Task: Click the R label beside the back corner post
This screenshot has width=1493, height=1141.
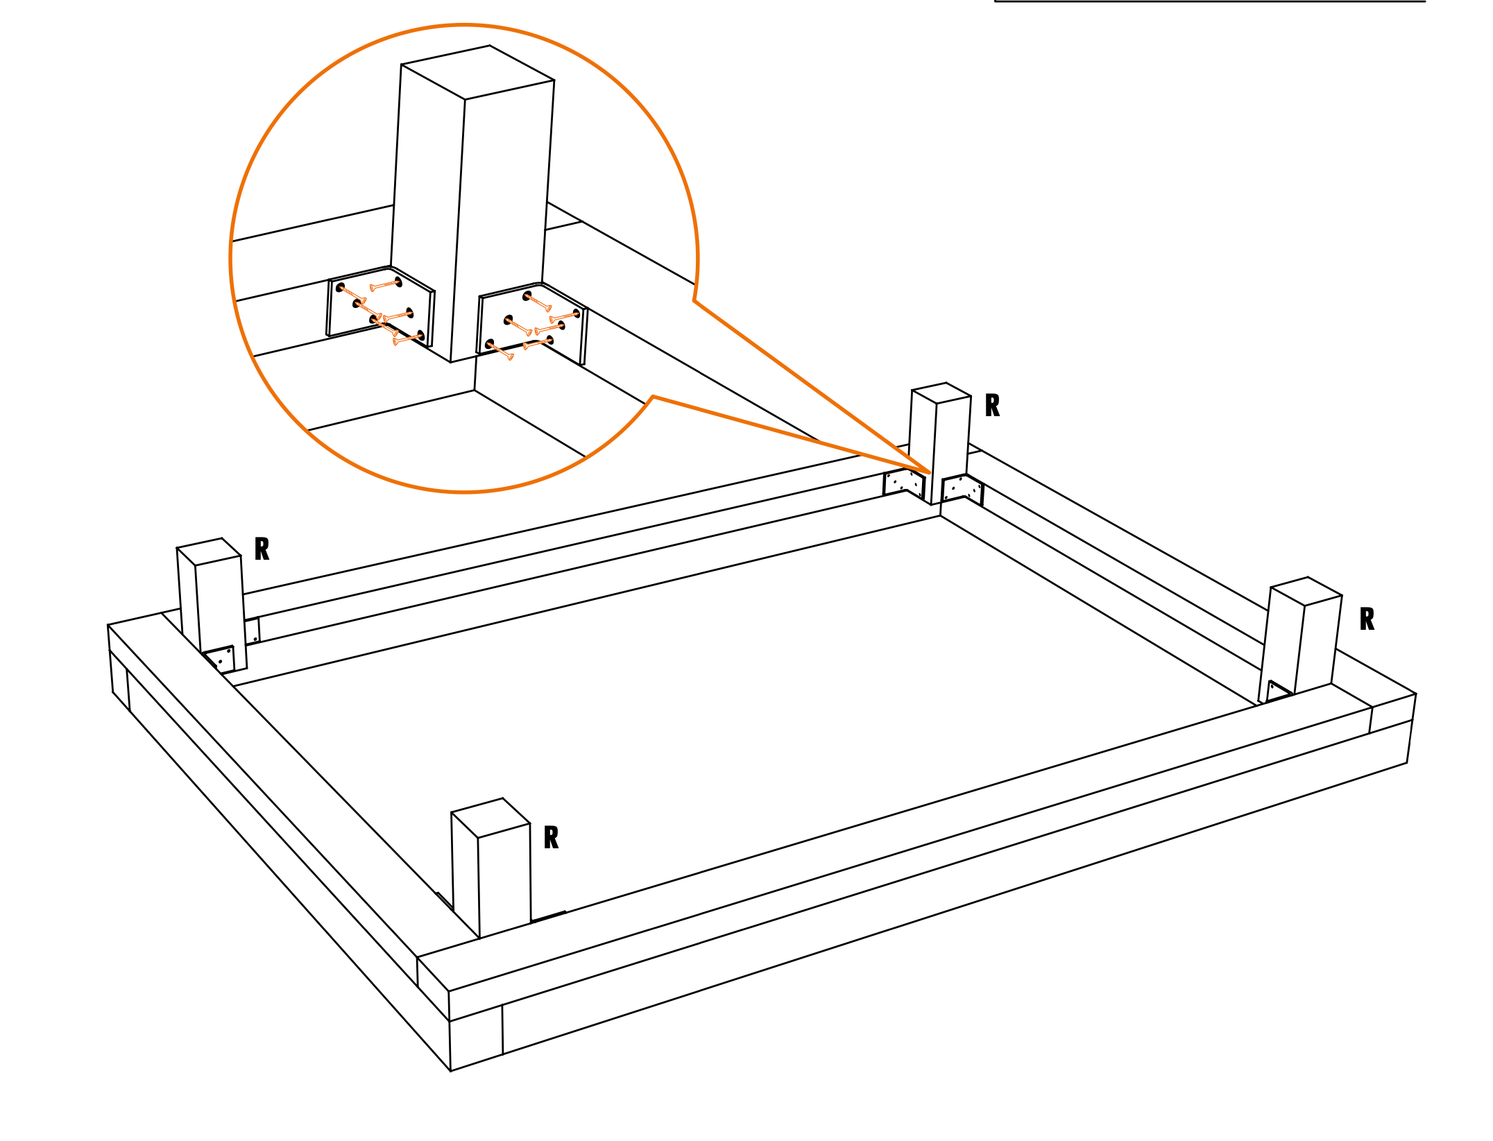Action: [x=992, y=406]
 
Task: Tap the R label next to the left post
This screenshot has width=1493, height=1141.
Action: [x=262, y=549]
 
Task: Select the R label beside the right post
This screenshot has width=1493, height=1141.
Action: [x=1367, y=619]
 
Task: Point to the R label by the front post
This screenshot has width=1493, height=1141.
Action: [x=551, y=838]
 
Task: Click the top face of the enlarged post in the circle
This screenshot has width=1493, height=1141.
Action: [x=477, y=72]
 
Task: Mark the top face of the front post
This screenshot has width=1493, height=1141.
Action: [x=490, y=818]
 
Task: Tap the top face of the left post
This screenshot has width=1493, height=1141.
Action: [x=209, y=551]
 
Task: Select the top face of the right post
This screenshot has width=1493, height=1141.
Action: [x=1306, y=591]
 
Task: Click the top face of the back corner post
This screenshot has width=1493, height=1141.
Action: [x=941, y=393]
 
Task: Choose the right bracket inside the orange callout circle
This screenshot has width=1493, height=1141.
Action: [x=532, y=323]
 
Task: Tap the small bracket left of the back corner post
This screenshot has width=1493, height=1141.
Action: [x=904, y=483]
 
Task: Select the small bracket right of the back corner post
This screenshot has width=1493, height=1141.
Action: [x=962, y=488]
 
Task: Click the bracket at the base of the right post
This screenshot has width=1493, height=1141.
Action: [x=1278, y=691]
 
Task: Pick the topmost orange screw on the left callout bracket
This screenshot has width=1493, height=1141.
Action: [x=386, y=285]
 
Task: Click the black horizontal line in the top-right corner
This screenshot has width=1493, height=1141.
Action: [x=1210, y=1]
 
